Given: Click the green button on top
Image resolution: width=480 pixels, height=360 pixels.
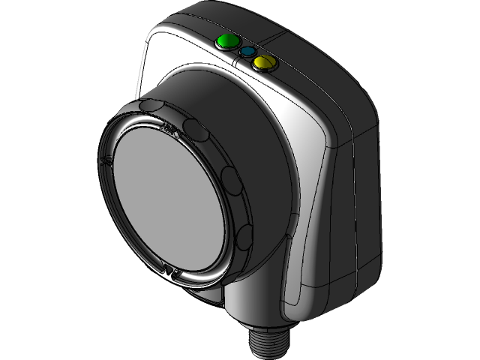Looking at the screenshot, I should pyautogui.click(x=224, y=42).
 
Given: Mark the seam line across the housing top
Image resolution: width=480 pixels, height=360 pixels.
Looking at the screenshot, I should pyautogui.click(x=285, y=33).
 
